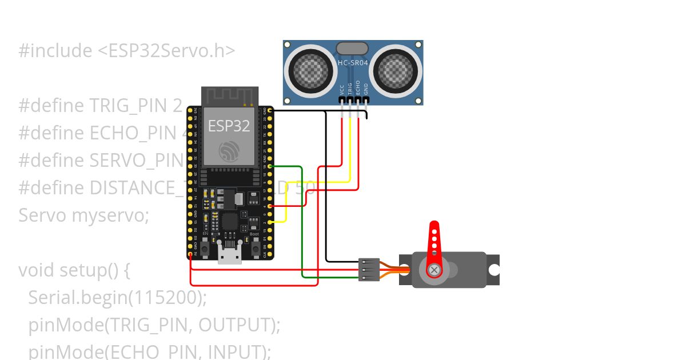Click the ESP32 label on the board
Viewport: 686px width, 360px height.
click(229, 126)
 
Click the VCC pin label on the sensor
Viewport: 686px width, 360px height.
click(342, 89)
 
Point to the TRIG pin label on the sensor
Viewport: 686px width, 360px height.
click(350, 89)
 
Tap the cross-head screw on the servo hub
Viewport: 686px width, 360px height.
click(434, 269)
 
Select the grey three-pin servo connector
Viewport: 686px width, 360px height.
click(369, 269)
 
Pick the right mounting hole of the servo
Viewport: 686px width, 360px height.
click(494, 269)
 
